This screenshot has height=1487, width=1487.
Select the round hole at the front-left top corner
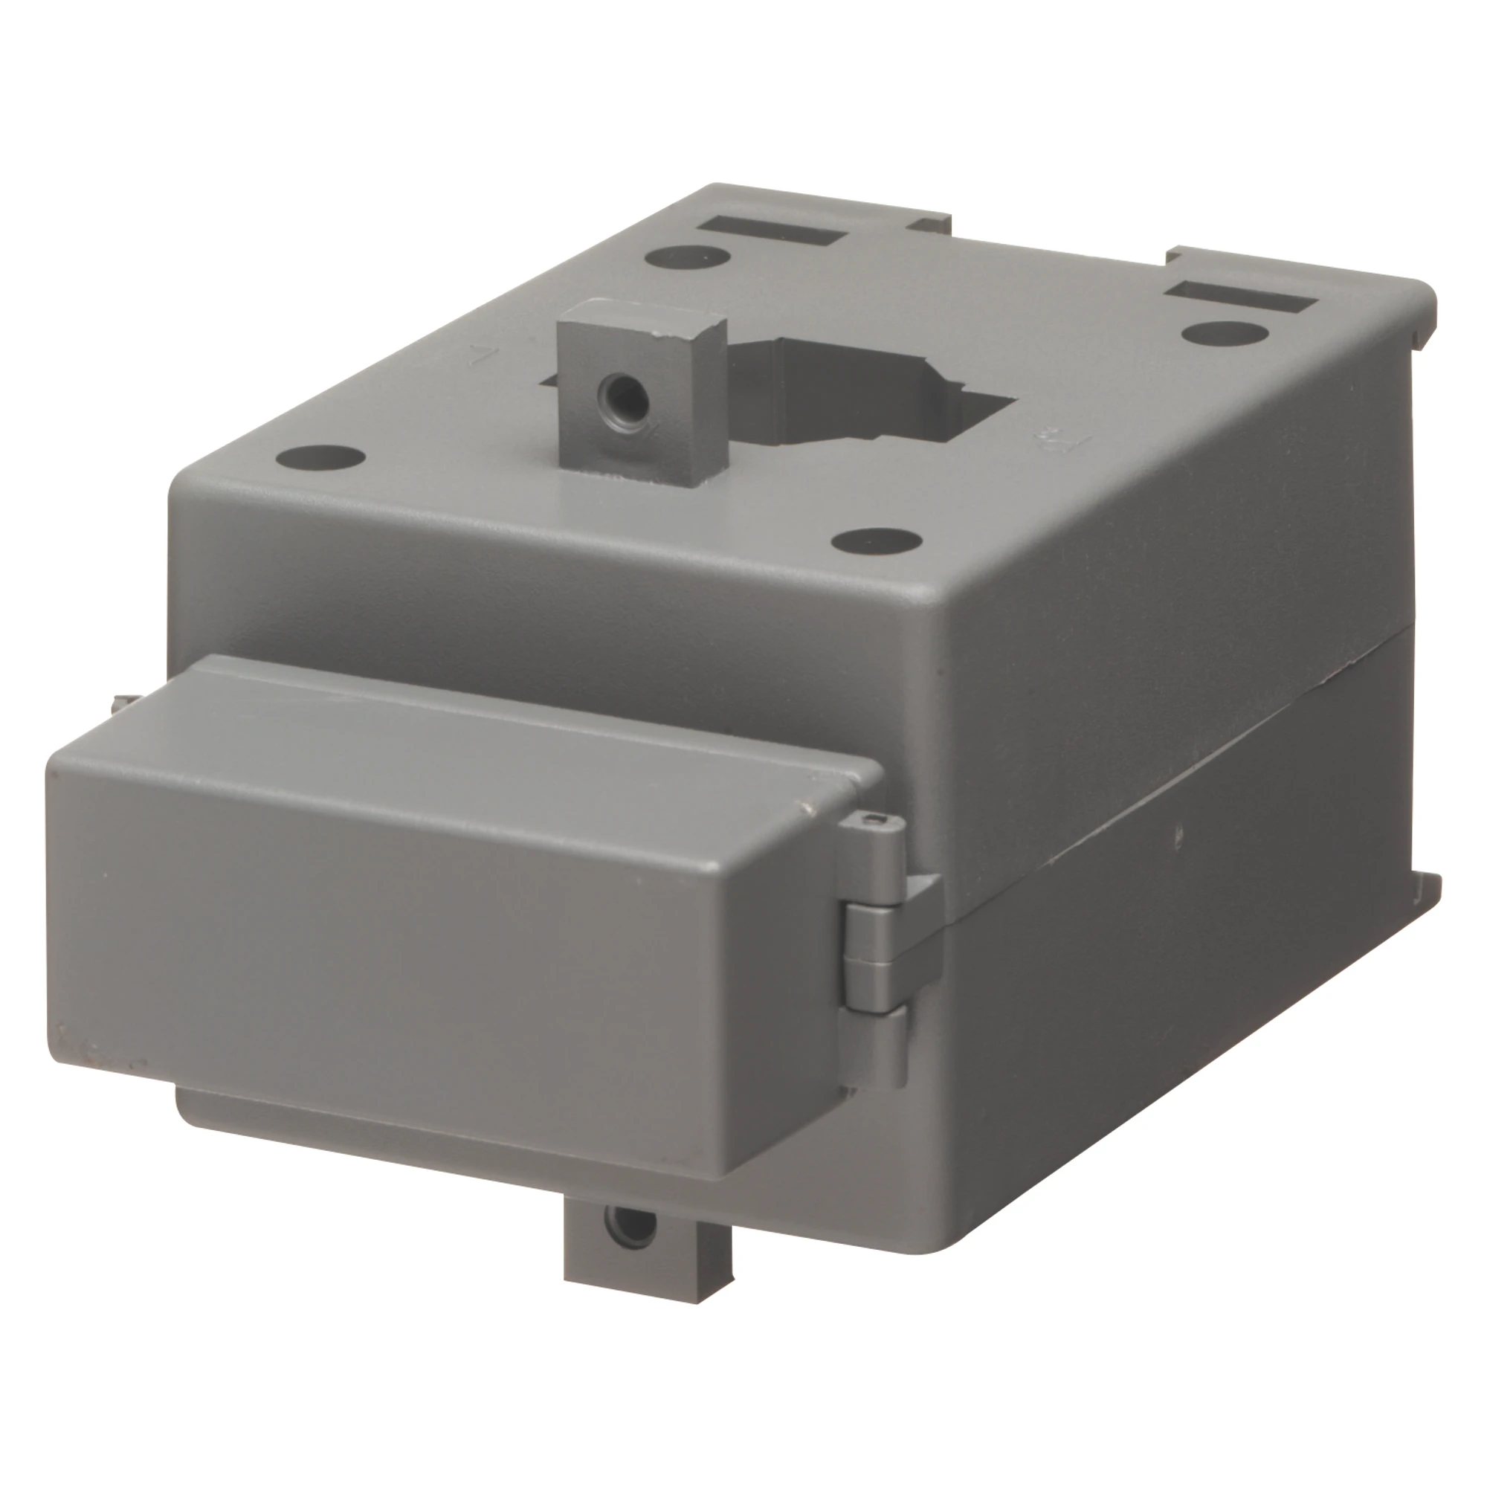click(x=320, y=457)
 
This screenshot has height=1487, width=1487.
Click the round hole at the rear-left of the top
click(x=687, y=256)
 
